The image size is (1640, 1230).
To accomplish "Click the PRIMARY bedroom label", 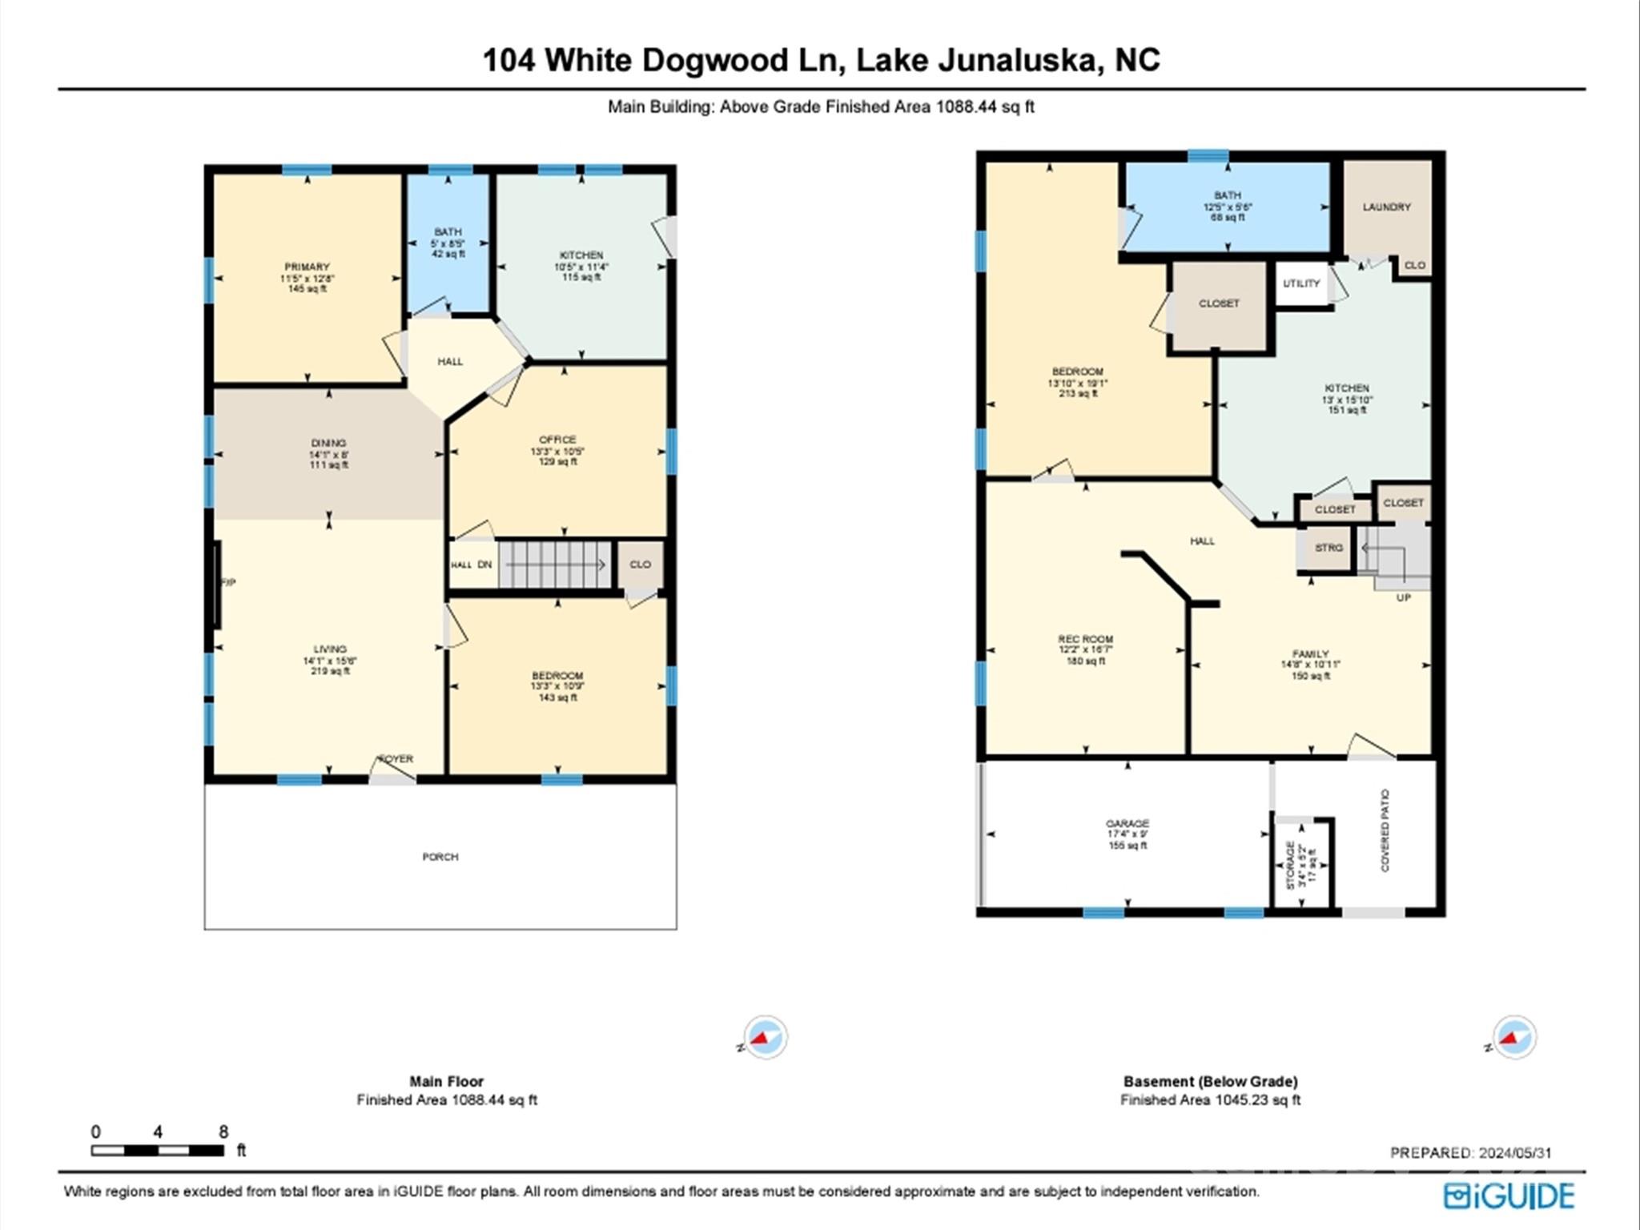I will coord(307,267).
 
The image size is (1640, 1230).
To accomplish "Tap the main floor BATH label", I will coord(448,232).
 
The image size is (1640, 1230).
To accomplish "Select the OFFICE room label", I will coord(557,440).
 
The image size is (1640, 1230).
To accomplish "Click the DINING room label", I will coord(328,443).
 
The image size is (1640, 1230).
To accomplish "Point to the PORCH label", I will coord(440,857).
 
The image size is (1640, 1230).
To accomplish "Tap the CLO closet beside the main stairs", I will coord(640,565).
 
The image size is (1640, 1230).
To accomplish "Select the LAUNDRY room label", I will coord(1386,207).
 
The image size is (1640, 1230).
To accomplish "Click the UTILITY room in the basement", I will coord(1301,283).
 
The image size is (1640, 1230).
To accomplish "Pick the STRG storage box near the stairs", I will coord(1328,548).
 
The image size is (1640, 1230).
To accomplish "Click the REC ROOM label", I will coord(1085,639).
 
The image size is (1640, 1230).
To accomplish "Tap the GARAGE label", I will coord(1127,823).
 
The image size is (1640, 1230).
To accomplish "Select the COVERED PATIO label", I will coord(1385,830).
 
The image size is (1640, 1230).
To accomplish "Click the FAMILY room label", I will coord(1310,654).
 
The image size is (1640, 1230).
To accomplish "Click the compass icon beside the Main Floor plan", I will coord(765,1037).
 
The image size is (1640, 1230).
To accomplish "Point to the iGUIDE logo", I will coord(1509,1196).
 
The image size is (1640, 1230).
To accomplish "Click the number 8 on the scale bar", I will coord(223,1132).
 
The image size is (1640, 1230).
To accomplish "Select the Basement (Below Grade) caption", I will coord(1210,1081).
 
